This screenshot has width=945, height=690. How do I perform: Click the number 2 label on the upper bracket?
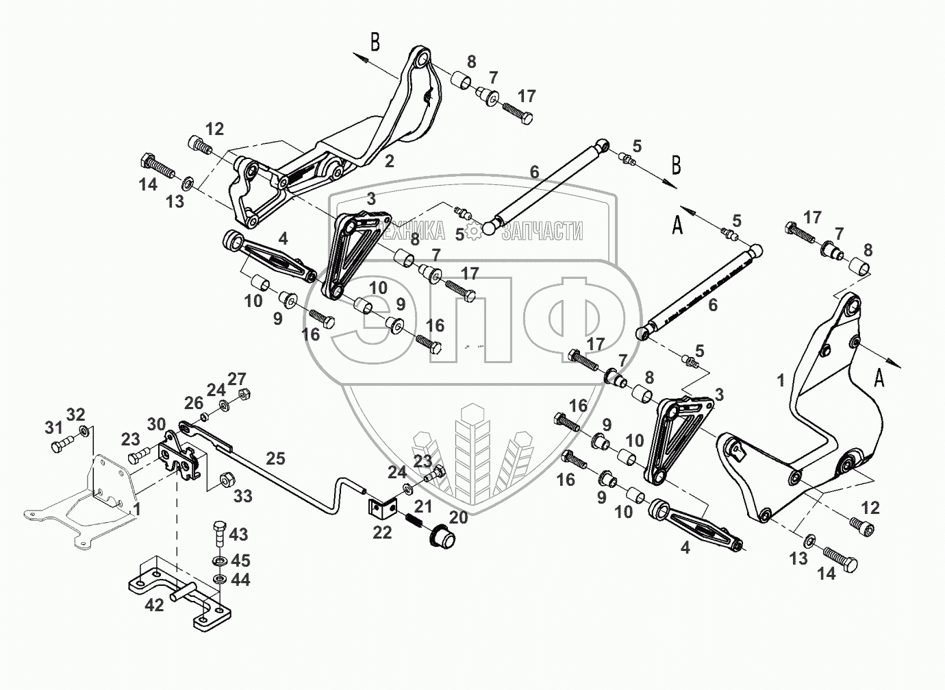(x=390, y=162)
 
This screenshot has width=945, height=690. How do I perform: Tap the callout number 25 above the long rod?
(x=275, y=458)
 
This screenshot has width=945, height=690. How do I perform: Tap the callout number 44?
(x=239, y=580)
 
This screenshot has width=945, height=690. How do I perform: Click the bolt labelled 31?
(x=60, y=445)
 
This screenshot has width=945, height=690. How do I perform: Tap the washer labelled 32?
(x=84, y=431)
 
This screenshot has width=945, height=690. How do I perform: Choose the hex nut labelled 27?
(x=242, y=395)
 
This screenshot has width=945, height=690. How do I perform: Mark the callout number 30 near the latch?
(x=156, y=424)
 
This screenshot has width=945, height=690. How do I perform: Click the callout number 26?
(x=194, y=402)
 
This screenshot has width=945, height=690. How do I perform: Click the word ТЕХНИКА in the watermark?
(x=414, y=232)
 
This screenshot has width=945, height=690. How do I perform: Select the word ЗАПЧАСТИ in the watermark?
(x=542, y=232)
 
